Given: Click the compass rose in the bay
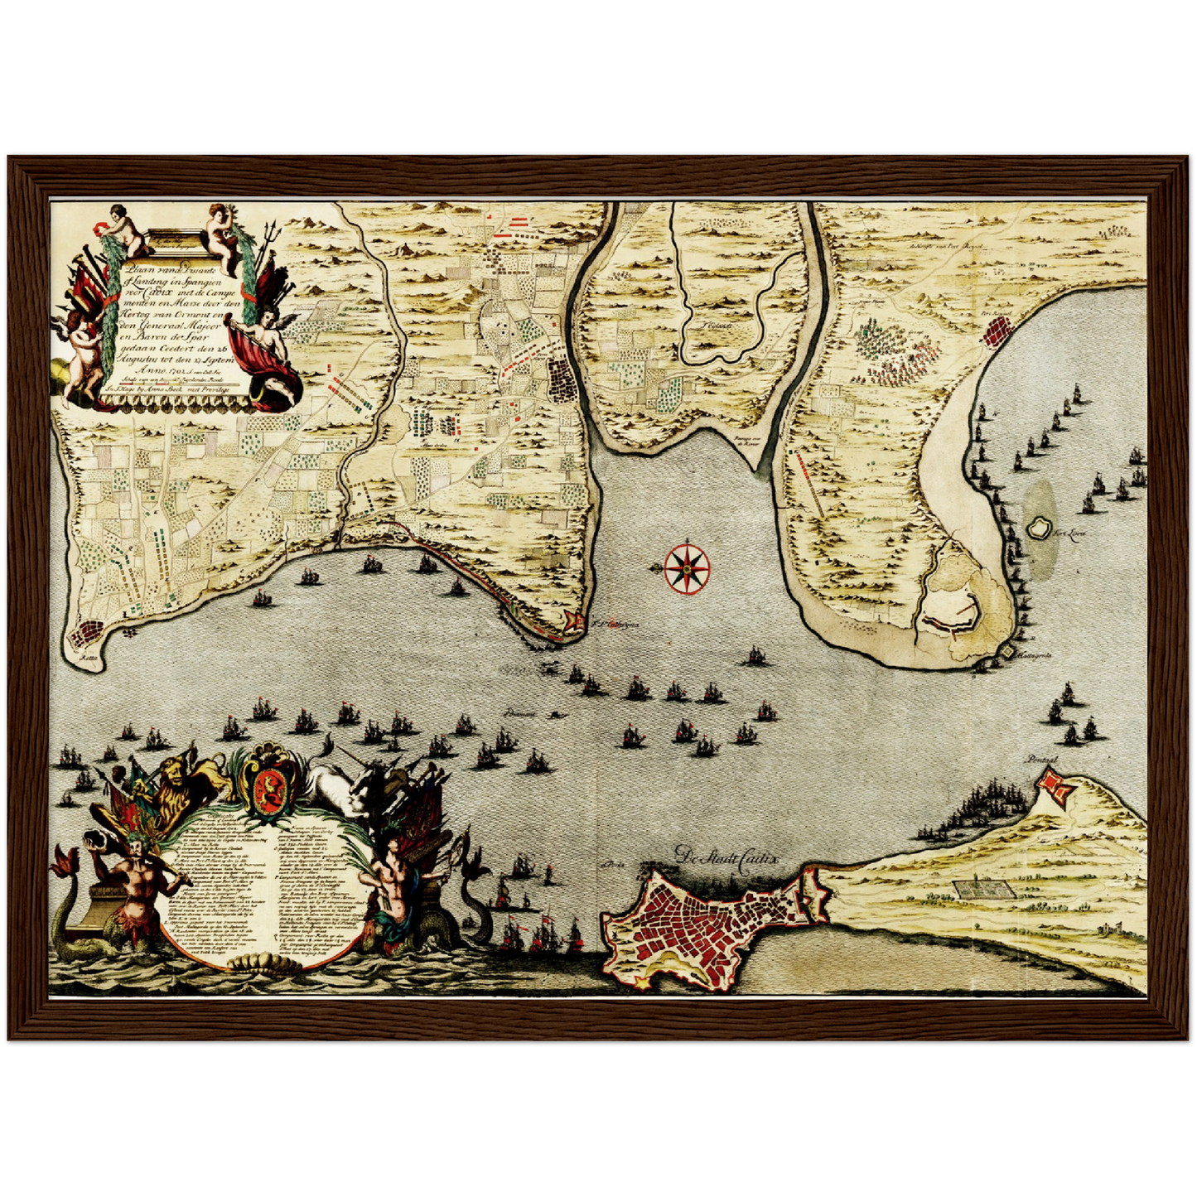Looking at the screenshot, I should [687, 567].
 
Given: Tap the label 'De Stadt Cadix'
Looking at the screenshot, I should [726, 857].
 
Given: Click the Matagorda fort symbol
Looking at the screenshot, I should [1007, 652].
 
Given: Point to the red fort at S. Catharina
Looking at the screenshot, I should [572, 622].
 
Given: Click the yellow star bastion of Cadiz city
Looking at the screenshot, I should [644, 982].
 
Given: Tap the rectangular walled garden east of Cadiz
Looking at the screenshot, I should [984, 889].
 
